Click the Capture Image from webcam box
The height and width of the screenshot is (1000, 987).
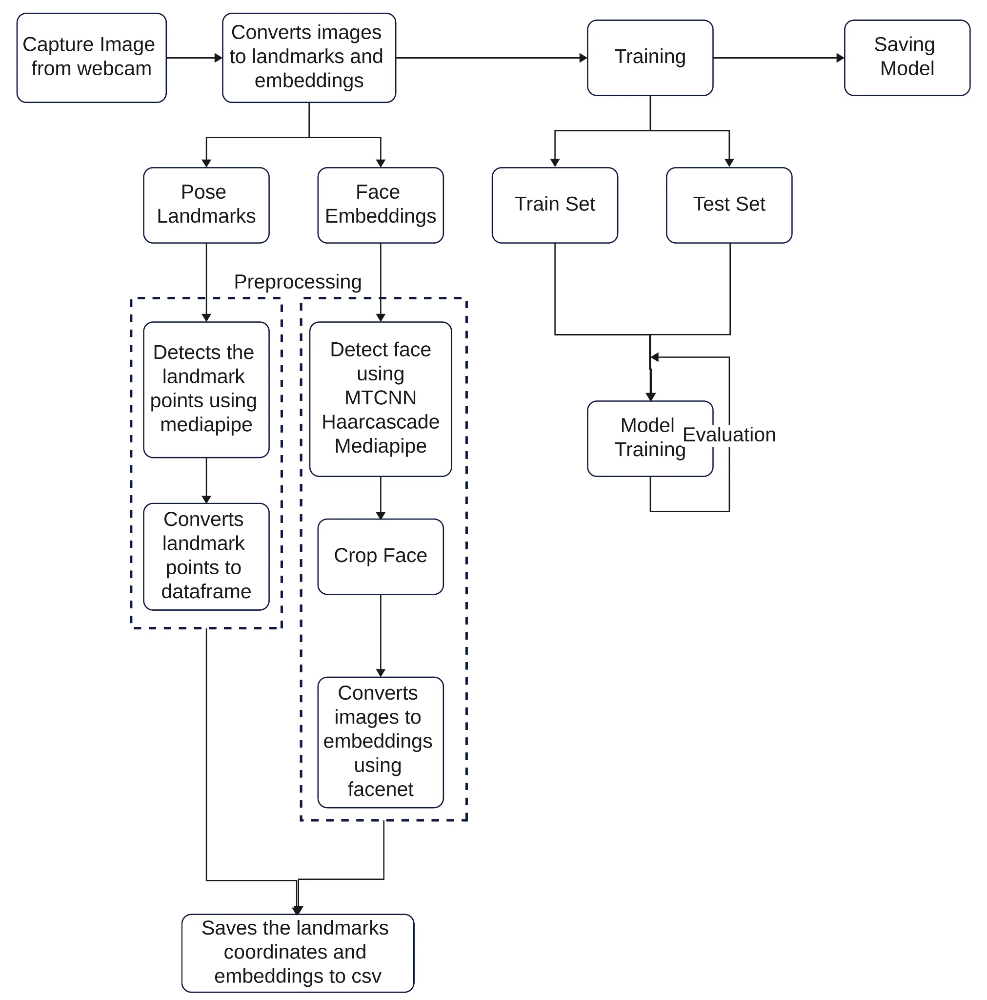point(91,58)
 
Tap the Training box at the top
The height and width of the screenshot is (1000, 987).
point(649,58)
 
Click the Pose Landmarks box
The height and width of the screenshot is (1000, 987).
point(206,205)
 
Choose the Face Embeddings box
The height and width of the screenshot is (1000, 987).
point(380,205)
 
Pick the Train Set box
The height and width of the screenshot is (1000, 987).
point(554,205)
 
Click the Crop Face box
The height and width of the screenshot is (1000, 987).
point(380,555)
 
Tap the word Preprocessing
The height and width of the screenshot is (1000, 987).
point(297,282)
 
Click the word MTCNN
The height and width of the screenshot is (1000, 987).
point(380,397)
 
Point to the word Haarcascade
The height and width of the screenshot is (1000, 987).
point(380,421)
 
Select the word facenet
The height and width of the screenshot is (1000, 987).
point(380,789)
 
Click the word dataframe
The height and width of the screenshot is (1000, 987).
point(206,591)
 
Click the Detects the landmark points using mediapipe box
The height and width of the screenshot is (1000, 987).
point(206,389)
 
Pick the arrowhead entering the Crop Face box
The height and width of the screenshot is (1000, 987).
point(380,515)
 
